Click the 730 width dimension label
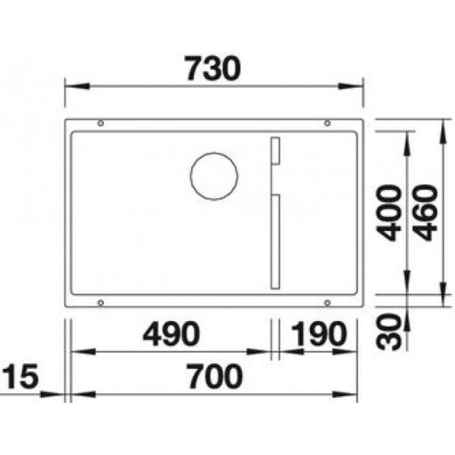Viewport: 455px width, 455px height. (212, 68)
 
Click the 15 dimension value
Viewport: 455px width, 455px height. (21, 377)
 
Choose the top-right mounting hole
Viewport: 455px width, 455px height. (327, 123)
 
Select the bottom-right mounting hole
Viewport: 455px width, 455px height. (327, 302)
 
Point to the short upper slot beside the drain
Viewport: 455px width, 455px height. (274, 151)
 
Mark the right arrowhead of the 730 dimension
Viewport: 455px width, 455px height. (355, 85)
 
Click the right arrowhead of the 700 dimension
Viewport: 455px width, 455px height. (351, 395)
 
